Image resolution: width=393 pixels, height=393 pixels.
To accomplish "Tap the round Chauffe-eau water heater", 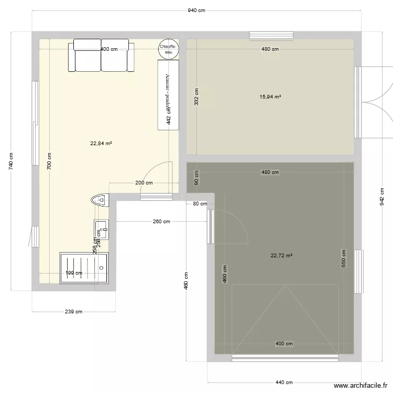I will [x=169, y=49].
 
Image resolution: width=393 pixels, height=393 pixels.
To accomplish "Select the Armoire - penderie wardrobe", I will [x=168, y=94].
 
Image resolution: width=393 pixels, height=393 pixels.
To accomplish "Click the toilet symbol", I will [x=99, y=200].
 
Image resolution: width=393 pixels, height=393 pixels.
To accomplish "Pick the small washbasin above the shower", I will [x=101, y=229].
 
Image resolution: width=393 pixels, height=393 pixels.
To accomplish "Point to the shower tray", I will [x=85, y=268].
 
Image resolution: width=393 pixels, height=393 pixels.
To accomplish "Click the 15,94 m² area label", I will [x=270, y=97].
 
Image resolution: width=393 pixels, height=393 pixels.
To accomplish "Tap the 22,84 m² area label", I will [x=101, y=143].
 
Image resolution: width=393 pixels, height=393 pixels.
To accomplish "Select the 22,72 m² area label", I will [x=281, y=256].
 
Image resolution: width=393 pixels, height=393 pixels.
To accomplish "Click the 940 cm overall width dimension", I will [x=196, y=11].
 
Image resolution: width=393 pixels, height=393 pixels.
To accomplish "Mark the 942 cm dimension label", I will [x=382, y=198].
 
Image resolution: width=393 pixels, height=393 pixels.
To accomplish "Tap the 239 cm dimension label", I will [x=73, y=312].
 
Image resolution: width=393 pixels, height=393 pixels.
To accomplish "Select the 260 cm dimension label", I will [x=161, y=222].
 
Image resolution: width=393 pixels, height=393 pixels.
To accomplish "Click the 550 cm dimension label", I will [x=344, y=258].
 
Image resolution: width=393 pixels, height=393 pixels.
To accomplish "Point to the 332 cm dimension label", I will [x=196, y=97].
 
